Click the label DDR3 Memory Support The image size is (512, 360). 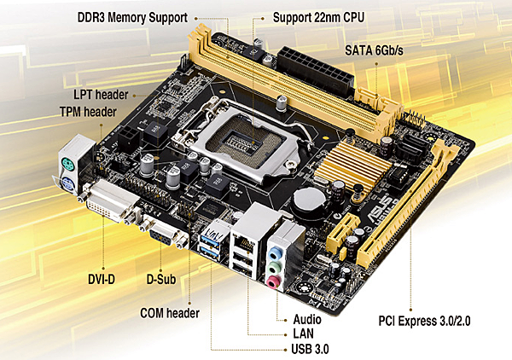point(132,18)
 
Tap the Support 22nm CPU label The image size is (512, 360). point(318,17)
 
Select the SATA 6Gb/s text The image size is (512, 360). point(374,50)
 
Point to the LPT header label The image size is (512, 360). point(101,95)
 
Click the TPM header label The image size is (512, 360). point(88,112)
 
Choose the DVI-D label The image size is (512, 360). point(102,279)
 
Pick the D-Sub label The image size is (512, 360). point(161,279)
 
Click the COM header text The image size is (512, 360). point(170,313)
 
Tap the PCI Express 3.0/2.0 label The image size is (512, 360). point(424,321)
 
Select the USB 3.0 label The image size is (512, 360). point(310,349)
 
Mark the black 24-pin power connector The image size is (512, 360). point(316,70)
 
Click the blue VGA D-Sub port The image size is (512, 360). point(161,235)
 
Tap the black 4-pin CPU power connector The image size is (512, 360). point(129,136)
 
